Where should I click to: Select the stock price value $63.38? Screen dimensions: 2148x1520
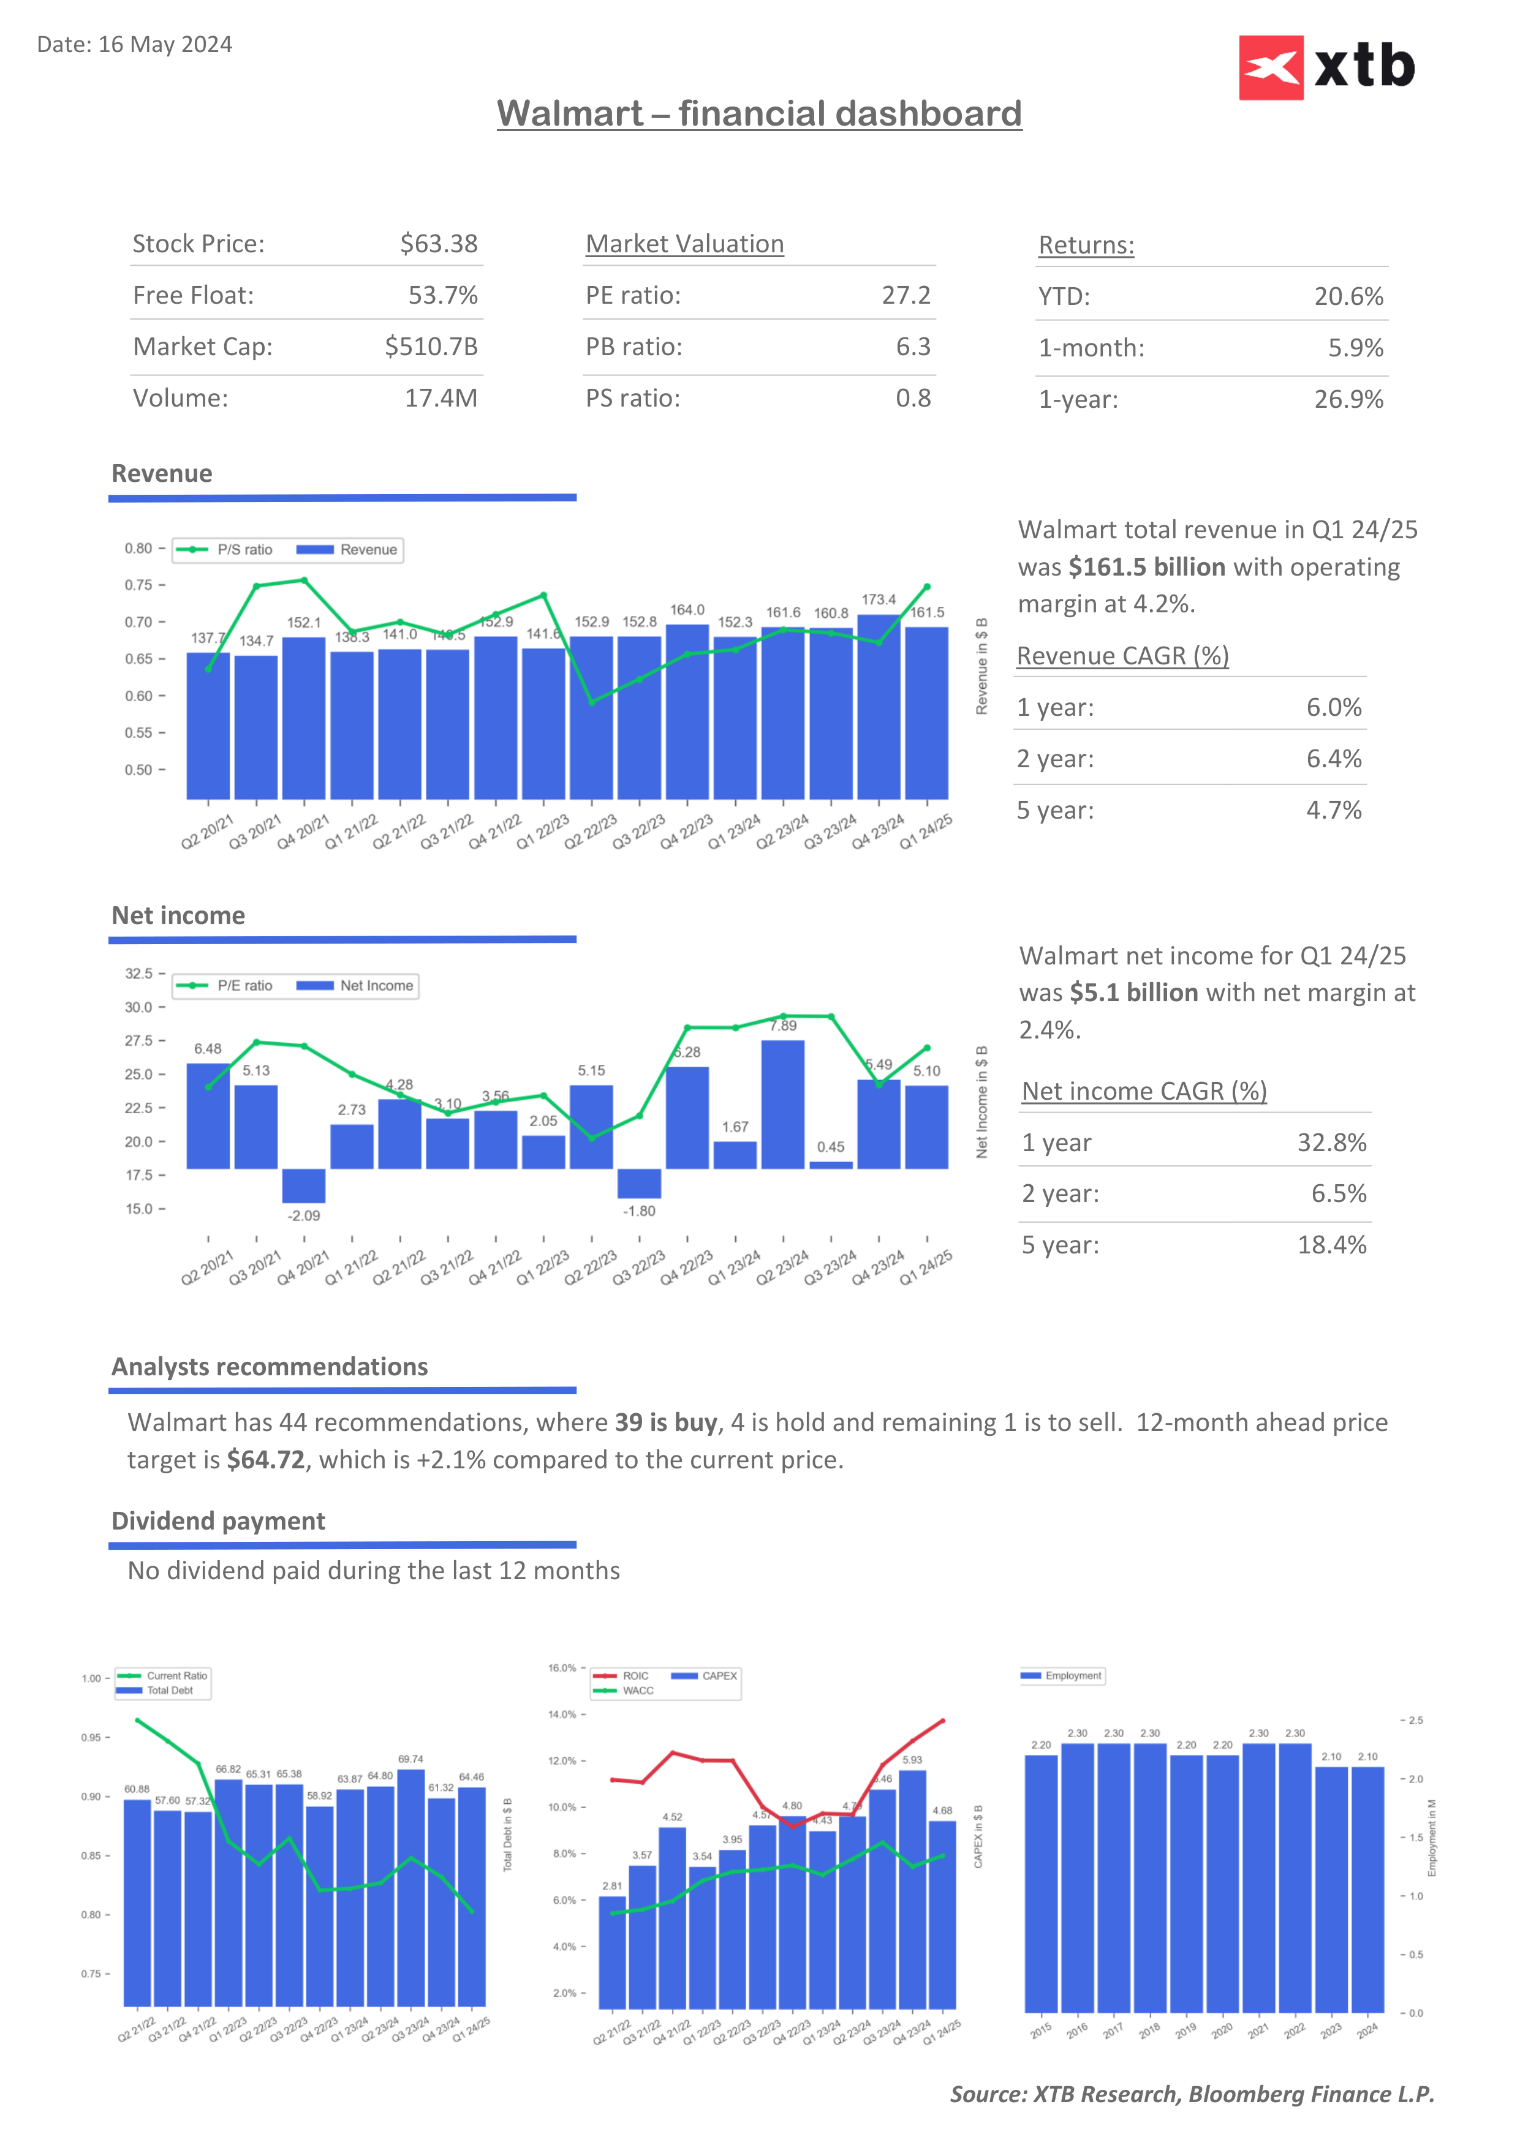coord(438,244)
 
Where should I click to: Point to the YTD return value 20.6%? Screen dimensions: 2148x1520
coord(1348,296)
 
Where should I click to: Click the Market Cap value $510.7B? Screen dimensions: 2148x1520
coord(431,347)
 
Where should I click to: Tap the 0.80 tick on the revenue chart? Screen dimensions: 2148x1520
coord(138,548)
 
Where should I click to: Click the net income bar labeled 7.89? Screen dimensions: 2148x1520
coord(782,1104)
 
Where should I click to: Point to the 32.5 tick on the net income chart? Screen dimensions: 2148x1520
coord(138,974)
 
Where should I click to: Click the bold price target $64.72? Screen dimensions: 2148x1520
coord(266,1460)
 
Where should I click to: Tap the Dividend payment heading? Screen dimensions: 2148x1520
coord(218,1521)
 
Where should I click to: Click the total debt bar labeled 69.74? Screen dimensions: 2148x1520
coord(411,1885)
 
